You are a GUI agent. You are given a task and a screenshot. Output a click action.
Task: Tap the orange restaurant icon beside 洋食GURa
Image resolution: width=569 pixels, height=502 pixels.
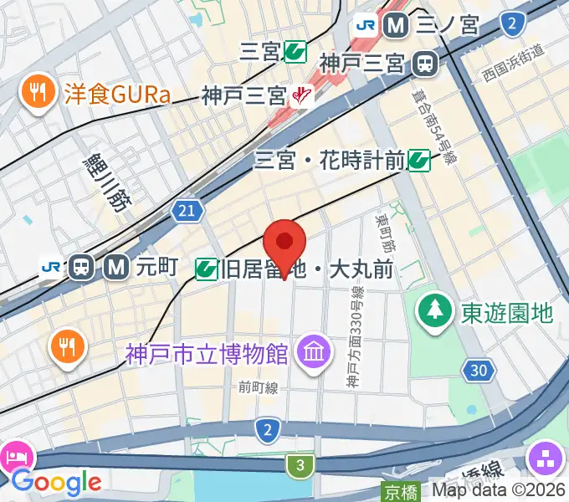[x=38, y=90]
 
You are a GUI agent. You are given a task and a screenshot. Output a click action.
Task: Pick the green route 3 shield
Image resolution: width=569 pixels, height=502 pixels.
[x=299, y=464]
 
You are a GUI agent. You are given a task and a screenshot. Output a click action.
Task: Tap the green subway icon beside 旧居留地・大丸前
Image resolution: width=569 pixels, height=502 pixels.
[x=206, y=269]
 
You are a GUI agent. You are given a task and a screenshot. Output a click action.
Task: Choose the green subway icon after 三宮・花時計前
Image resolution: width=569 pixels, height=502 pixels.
[x=419, y=160]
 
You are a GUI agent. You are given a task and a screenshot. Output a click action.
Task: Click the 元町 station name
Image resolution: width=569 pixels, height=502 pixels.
[x=157, y=267]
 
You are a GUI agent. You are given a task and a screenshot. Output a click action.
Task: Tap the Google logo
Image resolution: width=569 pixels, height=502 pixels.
[x=56, y=482]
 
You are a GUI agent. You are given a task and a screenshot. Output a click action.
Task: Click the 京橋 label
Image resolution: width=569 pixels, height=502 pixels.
[x=400, y=491]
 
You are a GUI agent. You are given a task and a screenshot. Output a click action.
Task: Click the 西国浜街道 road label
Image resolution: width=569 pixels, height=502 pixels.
[x=513, y=74]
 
